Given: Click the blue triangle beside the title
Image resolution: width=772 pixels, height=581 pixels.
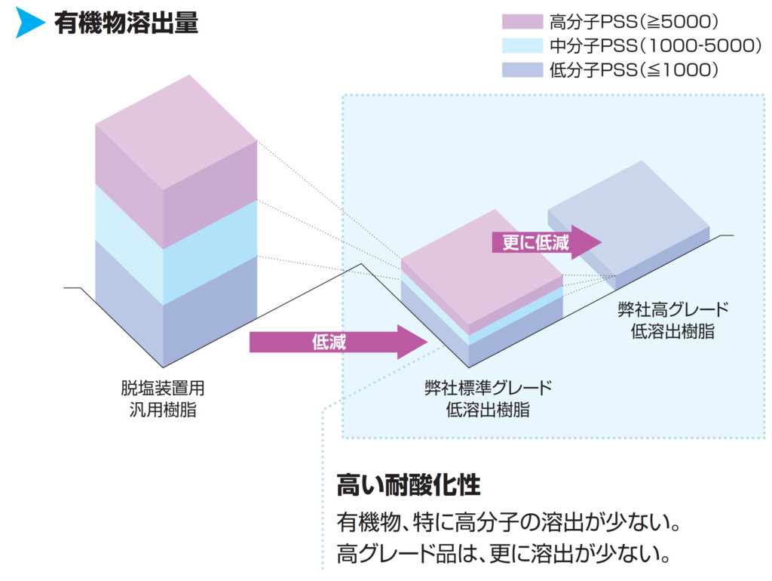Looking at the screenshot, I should click(x=30, y=23).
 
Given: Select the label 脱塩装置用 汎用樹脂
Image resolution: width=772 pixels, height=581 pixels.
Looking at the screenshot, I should click(x=163, y=398).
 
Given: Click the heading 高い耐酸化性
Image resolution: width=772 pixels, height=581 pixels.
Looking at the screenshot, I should click(x=408, y=484).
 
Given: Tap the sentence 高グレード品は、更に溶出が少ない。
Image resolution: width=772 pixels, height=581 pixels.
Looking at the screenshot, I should click(x=504, y=555).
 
